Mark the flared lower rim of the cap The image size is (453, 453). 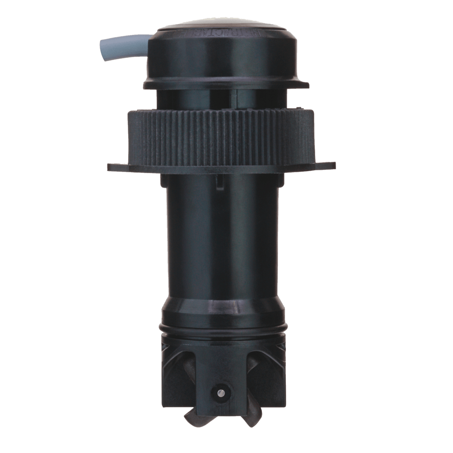(226, 85)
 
